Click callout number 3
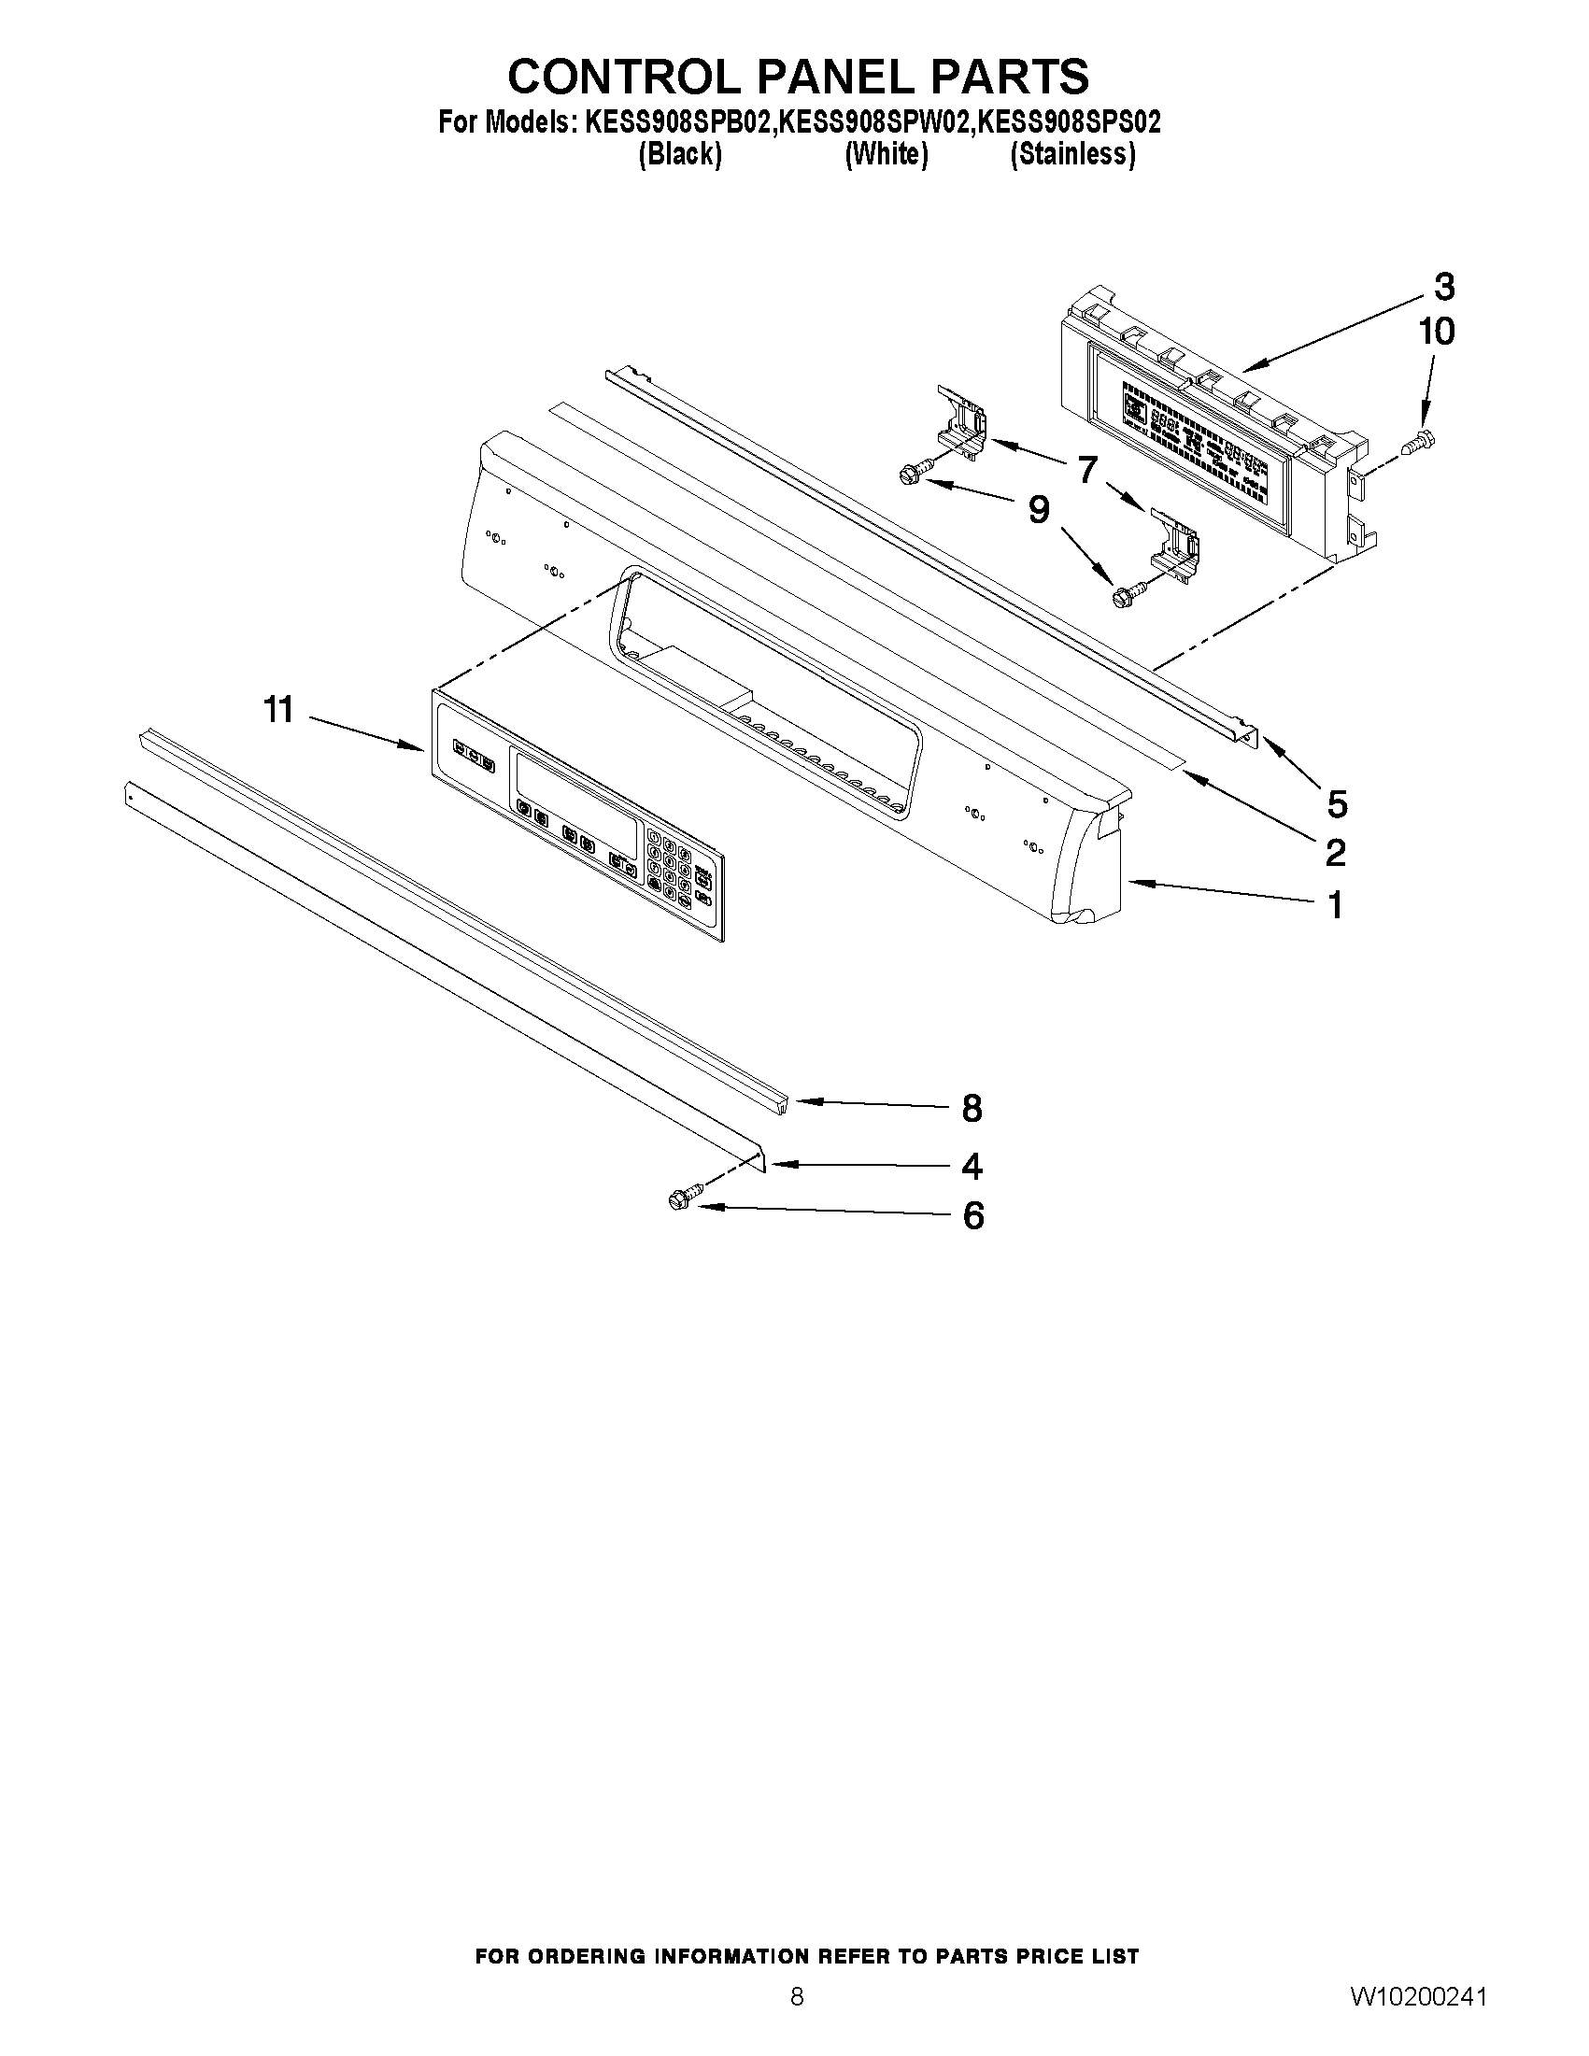[x=1444, y=286]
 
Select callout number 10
[x=1437, y=332]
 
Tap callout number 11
[x=278, y=710]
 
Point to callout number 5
[x=1337, y=804]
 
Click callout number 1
[x=1335, y=905]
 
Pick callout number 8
[x=972, y=1109]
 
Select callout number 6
[x=972, y=1216]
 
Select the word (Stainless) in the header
[x=1072, y=154]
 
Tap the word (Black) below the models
[x=680, y=154]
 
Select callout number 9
[x=1037, y=510]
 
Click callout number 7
[x=1088, y=467]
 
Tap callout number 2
[x=1335, y=853]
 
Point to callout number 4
[x=972, y=1168]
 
